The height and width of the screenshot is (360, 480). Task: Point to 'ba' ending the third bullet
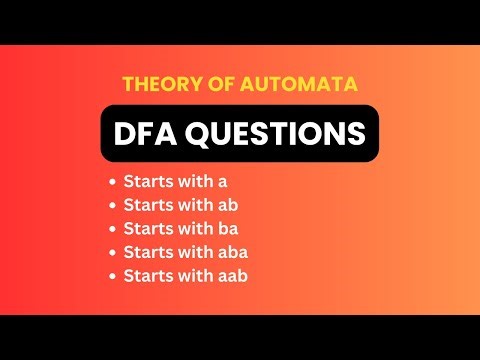click(226, 228)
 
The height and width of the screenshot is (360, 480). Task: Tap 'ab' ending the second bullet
click(226, 206)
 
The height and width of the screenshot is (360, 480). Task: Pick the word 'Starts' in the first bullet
click(146, 183)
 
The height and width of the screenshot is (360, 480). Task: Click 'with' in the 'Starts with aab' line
click(193, 274)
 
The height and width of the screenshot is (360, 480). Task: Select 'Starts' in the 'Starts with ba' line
click(146, 228)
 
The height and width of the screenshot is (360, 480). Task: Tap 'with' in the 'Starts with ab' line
click(193, 206)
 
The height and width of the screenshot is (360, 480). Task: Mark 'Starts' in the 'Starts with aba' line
click(146, 251)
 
